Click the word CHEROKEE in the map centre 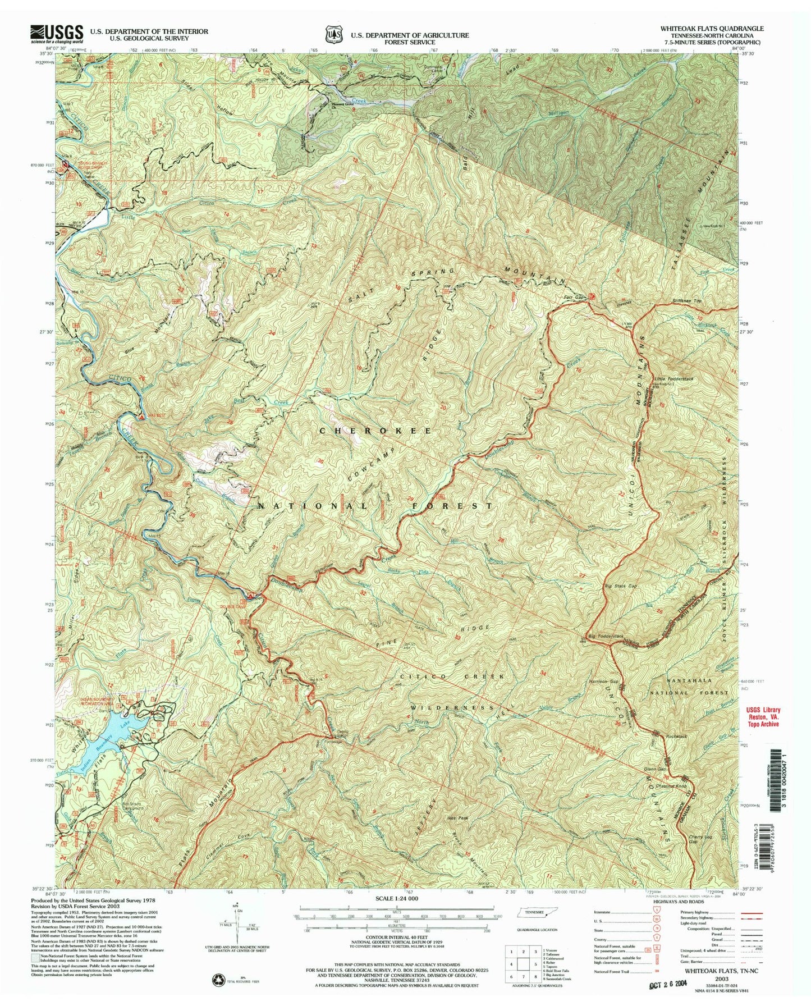click(x=376, y=431)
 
